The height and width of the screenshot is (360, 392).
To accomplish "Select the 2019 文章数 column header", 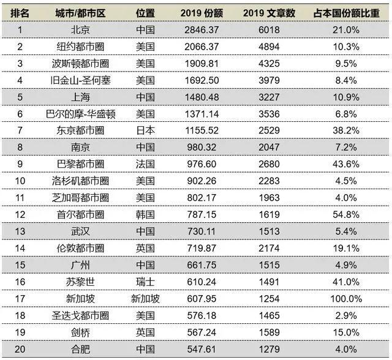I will coord(269,13).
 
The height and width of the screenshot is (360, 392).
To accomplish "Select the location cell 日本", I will coord(146,130).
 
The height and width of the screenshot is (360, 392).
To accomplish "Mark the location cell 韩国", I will coord(146,214).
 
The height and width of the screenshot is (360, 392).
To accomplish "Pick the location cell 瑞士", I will coord(146,282).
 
